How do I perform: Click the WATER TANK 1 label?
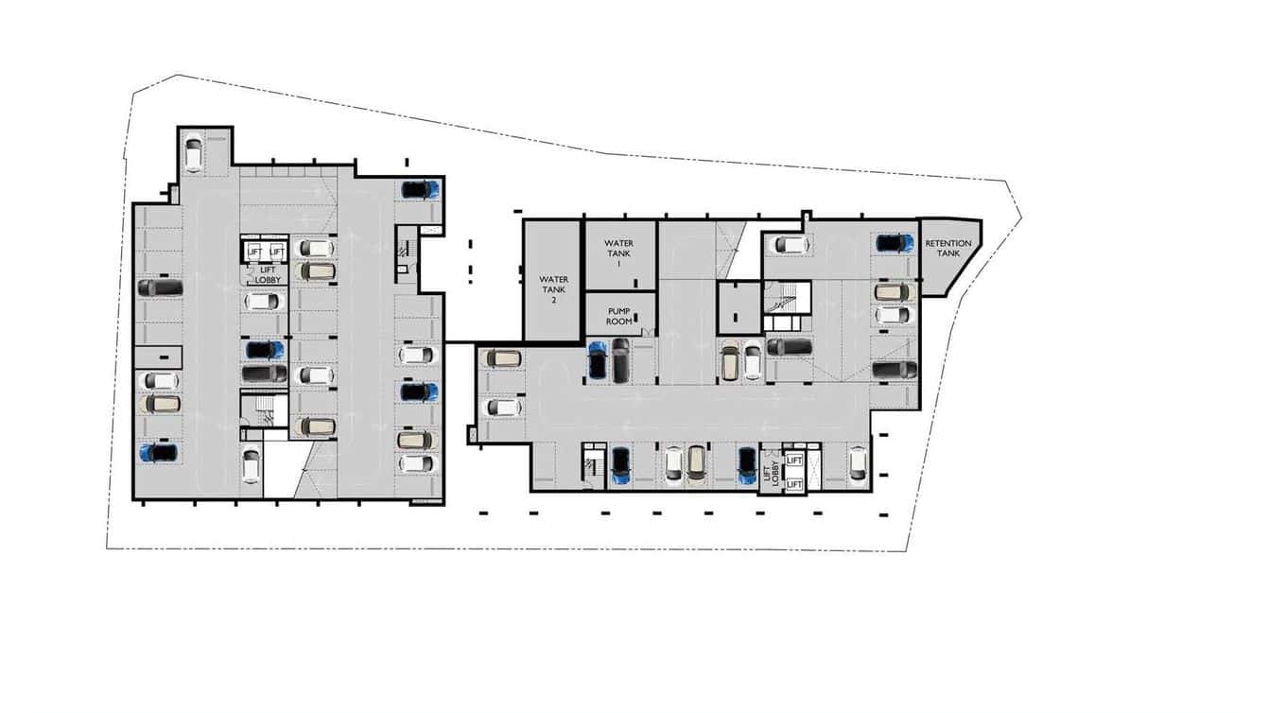pos(618,253)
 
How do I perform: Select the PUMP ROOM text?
pos(618,316)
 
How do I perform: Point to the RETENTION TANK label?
pos(947,249)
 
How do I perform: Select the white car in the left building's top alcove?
pos(193,154)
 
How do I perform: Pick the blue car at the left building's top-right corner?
pos(419,189)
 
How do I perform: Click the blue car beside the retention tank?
pos(894,243)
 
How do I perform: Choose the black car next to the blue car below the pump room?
pos(620,360)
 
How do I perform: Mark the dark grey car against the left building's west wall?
pos(161,287)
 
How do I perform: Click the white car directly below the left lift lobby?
pos(263,302)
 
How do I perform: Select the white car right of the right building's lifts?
pos(857,463)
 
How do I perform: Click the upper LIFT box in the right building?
pos(794,461)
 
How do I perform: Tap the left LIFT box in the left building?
pos(252,252)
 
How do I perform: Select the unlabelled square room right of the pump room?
pos(737,308)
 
